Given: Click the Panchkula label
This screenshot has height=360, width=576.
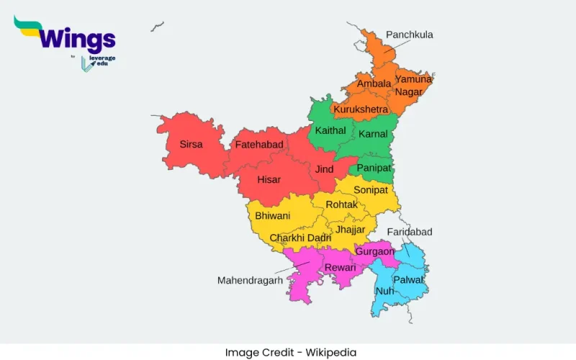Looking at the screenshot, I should pos(409,35).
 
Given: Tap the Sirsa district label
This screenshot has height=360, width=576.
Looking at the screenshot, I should pos(191,144).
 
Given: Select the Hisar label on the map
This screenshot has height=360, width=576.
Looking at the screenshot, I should pos(269,179).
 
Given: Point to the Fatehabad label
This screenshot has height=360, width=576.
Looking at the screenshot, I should pos(259,145).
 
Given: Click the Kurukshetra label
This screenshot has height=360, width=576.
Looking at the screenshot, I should pos(361,109).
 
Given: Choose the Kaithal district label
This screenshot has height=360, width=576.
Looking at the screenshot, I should pos(330,130).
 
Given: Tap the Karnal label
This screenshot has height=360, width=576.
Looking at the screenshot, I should pos(373,134).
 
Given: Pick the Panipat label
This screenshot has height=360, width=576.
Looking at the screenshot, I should pos(374,168).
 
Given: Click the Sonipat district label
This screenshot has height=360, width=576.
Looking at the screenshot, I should pos(371,189).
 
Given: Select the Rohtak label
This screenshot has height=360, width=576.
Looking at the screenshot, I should pos(341,204).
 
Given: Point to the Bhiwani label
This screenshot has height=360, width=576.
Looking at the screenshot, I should pos(273,215).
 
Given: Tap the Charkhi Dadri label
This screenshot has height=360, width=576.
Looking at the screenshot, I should pos(300,238).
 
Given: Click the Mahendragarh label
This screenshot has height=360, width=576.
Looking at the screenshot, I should pos(251,280).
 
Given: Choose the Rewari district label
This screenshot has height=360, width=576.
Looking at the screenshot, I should pos(341,267).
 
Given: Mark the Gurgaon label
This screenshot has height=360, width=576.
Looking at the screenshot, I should pos(374,251).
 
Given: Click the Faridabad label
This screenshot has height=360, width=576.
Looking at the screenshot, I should pos(410,232).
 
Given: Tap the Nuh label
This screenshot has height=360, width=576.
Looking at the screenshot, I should pos(385,291).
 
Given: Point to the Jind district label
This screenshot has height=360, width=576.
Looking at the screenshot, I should pos(324,169).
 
